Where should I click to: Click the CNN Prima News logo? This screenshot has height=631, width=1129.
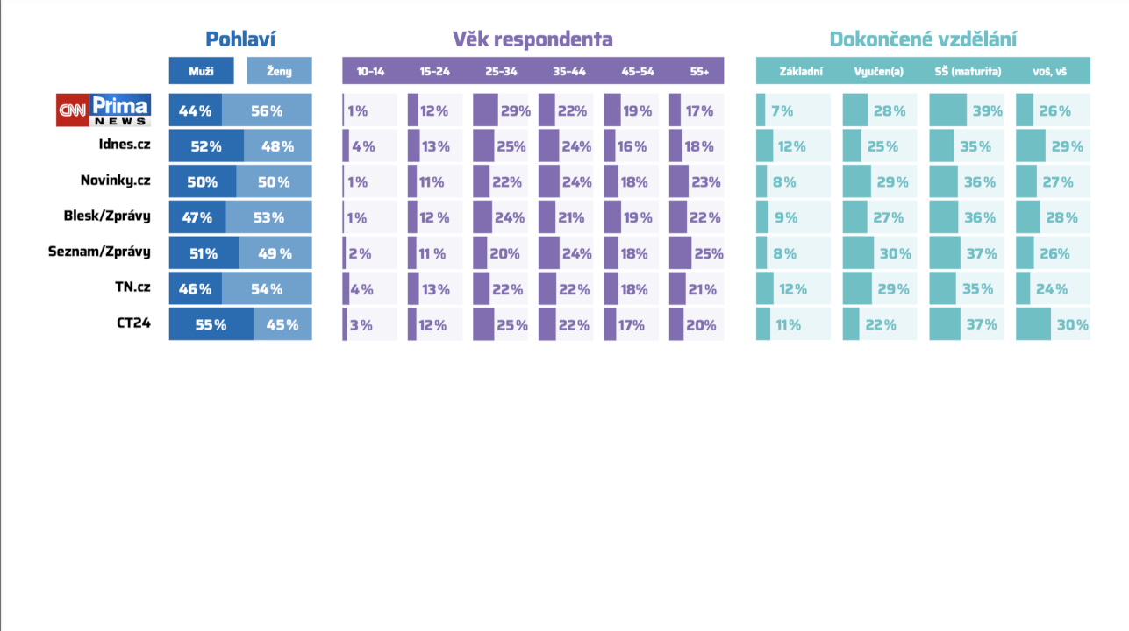pos(104,110)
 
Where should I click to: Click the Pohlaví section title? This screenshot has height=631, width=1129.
pos(240,39)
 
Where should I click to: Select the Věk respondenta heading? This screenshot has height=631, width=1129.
pos(532,39)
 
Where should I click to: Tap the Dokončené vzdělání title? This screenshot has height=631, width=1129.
pos(923,39)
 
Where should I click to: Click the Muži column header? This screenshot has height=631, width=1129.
pos(202,71)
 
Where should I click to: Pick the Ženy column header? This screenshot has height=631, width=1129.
pos(279,71)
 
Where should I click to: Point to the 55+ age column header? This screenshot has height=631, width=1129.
pos(699,71)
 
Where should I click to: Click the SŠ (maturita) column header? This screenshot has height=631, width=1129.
pos(968,71)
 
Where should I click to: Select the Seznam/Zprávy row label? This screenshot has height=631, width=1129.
pos(99,252)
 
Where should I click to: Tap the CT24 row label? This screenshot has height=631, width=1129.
pos(133,323)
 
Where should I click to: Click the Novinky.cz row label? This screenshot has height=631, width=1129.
pos(115,181)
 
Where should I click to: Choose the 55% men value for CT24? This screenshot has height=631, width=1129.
pos(211,324)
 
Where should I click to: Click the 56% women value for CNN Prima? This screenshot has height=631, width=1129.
pos(267,111)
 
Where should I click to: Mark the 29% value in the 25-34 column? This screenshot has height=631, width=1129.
pos(515,111)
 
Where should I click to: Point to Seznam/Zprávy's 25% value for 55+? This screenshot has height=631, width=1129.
pos(709,253)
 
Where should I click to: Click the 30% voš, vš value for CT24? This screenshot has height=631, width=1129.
pos(1072,324)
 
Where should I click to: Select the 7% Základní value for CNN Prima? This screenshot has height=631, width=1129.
pos(782,111)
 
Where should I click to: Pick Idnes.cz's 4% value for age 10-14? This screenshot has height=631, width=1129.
pos(363,146)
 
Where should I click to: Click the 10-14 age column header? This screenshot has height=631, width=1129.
pos(370,71)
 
